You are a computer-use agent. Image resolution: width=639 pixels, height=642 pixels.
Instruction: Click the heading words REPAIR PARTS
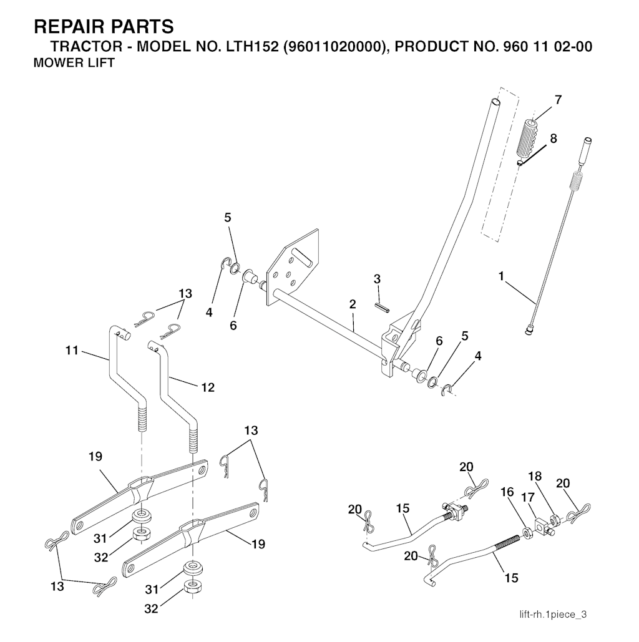103,27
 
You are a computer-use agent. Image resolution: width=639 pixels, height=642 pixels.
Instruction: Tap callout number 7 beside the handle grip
557,100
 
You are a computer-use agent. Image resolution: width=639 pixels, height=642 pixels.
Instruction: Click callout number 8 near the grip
554,138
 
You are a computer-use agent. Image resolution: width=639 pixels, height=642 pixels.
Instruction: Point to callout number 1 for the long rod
501,275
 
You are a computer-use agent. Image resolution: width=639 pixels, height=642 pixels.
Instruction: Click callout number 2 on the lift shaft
353,304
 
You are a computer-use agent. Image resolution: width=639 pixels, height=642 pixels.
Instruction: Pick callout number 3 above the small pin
377,279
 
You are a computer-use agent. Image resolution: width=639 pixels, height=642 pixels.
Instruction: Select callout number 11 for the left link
72,351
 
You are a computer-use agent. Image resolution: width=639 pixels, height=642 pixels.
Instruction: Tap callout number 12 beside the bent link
207,387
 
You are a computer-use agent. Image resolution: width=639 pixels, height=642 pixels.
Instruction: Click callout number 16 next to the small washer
507,493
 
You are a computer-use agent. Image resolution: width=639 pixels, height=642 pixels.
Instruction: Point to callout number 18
535,477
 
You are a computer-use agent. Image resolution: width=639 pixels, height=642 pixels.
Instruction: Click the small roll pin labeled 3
382,306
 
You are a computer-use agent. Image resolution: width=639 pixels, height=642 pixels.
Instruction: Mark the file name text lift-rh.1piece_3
553,615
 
